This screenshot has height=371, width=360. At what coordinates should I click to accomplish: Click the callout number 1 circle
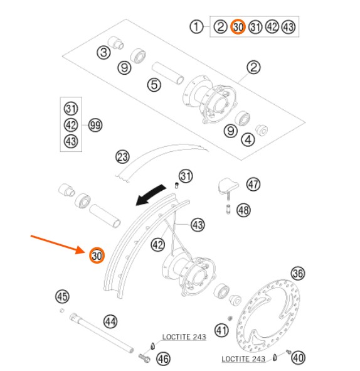coord(196,27)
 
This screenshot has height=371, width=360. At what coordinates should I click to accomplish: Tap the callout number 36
coord(298,274)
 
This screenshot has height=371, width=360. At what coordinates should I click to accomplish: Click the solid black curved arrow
coord(150,195)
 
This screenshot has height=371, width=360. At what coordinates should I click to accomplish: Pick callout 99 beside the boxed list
coord(95,125)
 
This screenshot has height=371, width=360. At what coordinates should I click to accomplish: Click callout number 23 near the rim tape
coord(122,157)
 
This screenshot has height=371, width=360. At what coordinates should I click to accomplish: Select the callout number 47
coord(253,185)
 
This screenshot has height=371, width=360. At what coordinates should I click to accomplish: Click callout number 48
coord(244,210)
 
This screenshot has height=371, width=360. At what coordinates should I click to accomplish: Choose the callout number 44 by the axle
coord(110,321)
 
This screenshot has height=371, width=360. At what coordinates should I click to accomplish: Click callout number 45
coord(62,296)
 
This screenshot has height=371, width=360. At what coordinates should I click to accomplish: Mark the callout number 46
coord(163,358)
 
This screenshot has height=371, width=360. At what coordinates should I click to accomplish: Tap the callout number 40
coord(298,358)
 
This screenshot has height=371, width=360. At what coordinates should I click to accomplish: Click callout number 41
coord(221,330)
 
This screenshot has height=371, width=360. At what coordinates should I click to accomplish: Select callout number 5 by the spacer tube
coord(154,85)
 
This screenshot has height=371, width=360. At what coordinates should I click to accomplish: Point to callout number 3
coord(103,52)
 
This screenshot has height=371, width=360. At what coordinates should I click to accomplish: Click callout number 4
coord(248,139)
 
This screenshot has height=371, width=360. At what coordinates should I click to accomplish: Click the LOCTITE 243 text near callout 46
coord(184,336)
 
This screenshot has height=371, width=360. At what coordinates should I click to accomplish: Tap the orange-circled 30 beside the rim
coord(97,255)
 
